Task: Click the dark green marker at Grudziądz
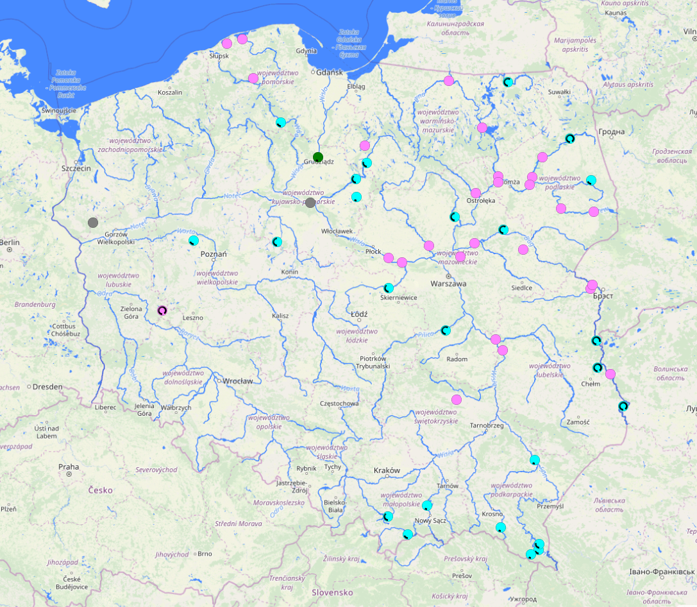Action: (x=318, y=157)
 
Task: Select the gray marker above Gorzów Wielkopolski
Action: (x=93, y=223)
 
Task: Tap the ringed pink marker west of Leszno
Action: (x=162, y=311)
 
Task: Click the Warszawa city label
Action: (x=449, y=283)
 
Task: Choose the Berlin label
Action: (x=10, y=242)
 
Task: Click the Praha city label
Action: (x=69, y=466)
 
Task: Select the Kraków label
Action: (x=387, y=470)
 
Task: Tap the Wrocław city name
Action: (x=238, y=380)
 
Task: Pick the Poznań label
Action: (x=214, y=254)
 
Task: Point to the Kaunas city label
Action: (x=615, y=13)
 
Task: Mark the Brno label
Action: (x=205, y=553)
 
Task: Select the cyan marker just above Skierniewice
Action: (x=389, y=288)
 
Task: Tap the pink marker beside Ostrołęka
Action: (x=476, y=193)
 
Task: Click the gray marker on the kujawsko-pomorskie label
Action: (x=310, y=203)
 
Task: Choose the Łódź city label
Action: (x=359, y=314)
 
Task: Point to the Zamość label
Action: (x=578, y=422)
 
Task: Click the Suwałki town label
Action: (x=559, y=92)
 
